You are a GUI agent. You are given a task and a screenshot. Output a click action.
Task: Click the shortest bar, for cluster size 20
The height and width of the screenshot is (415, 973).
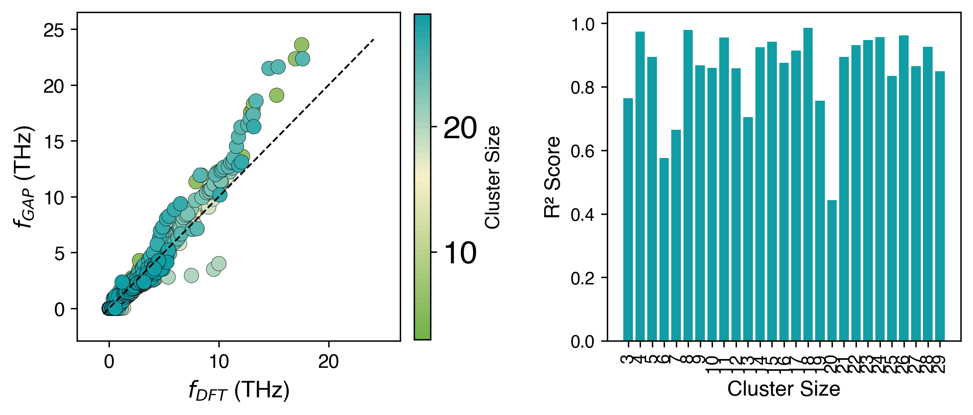(832, 270)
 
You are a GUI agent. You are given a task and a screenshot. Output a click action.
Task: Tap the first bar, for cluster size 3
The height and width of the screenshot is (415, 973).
(628, 219)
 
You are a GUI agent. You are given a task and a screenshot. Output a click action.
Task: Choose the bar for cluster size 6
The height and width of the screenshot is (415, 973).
(664, 249)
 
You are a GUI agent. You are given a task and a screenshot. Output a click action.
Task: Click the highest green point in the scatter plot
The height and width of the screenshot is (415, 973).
(301, 45)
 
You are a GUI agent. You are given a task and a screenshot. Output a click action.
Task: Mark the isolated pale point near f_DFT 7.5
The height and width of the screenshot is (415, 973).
(191, 276)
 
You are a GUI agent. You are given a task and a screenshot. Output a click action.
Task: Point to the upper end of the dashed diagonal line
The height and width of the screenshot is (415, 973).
(374, 40)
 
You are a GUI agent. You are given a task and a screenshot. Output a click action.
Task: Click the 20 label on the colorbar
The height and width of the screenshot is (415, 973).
(460, 128)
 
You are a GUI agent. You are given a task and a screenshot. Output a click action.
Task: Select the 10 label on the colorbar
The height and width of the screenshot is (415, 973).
(460, 253)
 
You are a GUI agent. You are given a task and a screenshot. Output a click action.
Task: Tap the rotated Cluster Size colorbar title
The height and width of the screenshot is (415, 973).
(492, 177)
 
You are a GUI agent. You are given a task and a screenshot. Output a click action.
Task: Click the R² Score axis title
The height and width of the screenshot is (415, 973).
(552, 177)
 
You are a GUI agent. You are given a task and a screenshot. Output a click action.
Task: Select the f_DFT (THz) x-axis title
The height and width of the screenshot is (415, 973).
(239, 390)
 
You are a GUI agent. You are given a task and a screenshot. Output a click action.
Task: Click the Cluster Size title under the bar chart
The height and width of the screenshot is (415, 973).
(784, 388)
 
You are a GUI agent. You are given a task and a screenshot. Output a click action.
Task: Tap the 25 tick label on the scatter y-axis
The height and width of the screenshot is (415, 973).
(54, 30)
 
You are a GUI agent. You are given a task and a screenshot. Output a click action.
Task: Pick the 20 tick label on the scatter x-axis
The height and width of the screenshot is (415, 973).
(328, 361)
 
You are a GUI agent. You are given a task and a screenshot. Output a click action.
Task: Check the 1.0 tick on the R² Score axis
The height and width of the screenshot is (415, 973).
(582, 24)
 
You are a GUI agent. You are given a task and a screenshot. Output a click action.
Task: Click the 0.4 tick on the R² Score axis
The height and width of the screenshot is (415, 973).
(582, 215)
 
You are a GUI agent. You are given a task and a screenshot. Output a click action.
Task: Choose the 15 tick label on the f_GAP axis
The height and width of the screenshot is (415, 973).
(54, 142)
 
